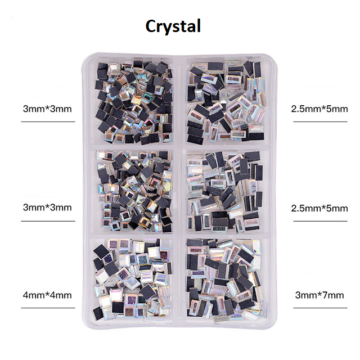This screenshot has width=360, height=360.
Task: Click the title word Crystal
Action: pos(173,27)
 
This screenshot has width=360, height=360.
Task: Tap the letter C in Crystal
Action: pos(151,26)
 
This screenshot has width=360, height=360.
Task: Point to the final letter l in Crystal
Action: pos(199,25)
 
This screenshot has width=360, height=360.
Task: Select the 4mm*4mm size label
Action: pos(47,295)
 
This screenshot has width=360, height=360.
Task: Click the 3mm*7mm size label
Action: pos(319,295)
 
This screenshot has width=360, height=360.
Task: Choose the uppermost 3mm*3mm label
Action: pos(47,109)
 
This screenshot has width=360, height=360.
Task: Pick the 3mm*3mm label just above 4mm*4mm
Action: pos(47,208)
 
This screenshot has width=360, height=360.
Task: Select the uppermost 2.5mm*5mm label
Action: pos(319,109)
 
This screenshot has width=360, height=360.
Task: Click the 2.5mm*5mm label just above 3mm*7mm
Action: pos(319,209)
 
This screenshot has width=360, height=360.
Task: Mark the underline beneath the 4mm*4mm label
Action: pos(48,308)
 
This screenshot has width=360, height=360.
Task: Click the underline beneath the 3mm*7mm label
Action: pos(320,308)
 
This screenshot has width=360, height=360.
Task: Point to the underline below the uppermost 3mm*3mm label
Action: pos(48,121)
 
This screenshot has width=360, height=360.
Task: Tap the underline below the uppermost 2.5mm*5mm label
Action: pos(320,121)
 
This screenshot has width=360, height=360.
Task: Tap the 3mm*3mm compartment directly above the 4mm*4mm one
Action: pos(133,191)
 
